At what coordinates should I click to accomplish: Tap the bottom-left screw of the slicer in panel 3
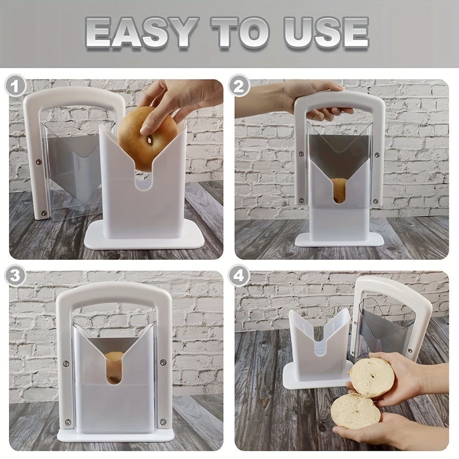click(67, 421)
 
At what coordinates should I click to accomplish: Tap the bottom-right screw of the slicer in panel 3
click(162, 421)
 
